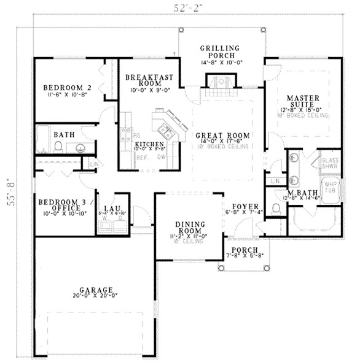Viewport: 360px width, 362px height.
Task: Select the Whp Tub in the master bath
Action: point(331,186)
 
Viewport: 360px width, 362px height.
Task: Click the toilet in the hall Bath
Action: point(59,146)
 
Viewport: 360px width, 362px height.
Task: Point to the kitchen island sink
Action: point(165,129)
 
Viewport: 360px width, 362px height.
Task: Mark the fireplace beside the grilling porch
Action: point(219,82)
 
